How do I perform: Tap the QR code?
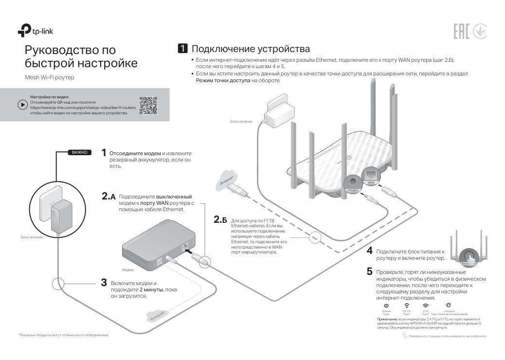pos(148,105)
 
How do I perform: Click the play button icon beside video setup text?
pos(22,105)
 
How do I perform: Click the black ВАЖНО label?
pos(79,152)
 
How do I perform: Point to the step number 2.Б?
pos(220,220)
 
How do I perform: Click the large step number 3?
pos(104,283)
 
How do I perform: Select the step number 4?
pos(370,251)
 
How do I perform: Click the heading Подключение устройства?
pos(251,49)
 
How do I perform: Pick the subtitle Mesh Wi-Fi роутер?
pos(50,78)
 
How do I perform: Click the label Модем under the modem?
pos(127,269)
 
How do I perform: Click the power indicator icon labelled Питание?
pos(386,306)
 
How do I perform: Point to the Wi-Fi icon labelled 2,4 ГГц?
pos(406,306)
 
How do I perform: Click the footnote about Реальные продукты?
pos(63,335)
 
